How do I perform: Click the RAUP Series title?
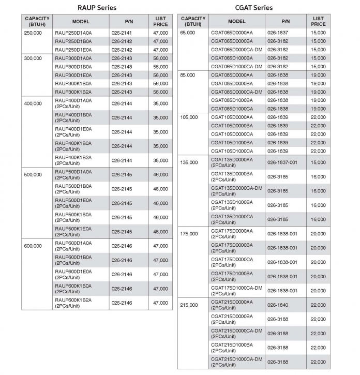(97, 8)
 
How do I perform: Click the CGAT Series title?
(253, 8)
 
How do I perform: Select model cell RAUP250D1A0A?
(73, 33)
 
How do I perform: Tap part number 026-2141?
(122, 33)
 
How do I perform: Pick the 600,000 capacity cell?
(33, 246)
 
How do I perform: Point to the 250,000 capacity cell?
(33, 33)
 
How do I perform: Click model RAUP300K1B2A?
(73, 92)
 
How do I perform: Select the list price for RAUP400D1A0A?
(160, 103)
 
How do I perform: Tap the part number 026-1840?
(279, 305)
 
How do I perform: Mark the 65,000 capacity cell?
(187, 33)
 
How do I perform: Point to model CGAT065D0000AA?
(231, 33)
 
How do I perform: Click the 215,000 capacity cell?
(189, 305)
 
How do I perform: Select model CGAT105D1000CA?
(231, 151)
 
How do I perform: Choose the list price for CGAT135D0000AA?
(319, 162)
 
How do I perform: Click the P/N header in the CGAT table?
(286, 21)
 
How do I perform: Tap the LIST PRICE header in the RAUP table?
(160, 21)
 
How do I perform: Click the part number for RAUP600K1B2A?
(122, 303)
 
